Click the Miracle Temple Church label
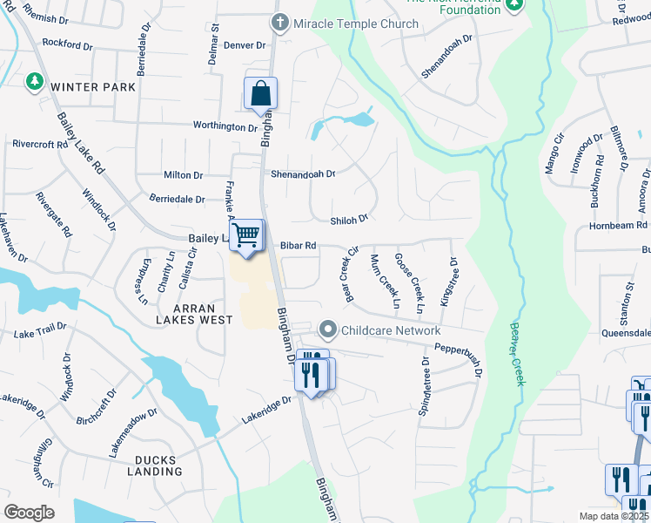click(356, 24)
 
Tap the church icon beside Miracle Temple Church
click(280, 23)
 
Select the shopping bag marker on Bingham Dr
click(260, 92)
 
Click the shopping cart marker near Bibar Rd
click(247, 234)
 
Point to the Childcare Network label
click(390, 330)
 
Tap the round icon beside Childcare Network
click(328, 329)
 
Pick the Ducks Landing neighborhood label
click(168, 465)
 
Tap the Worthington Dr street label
click(225, 126)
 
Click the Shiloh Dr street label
click(350, 219)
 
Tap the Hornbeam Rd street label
click(617, 226)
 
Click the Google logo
click(29, 513)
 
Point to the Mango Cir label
click(555, 153)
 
